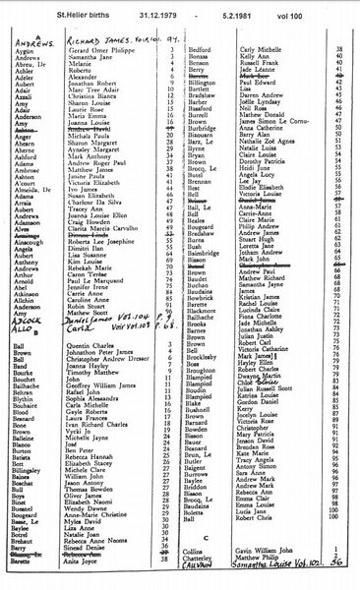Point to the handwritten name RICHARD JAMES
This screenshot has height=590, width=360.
pos(94,39)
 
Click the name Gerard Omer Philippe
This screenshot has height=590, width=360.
pos(97,48)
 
